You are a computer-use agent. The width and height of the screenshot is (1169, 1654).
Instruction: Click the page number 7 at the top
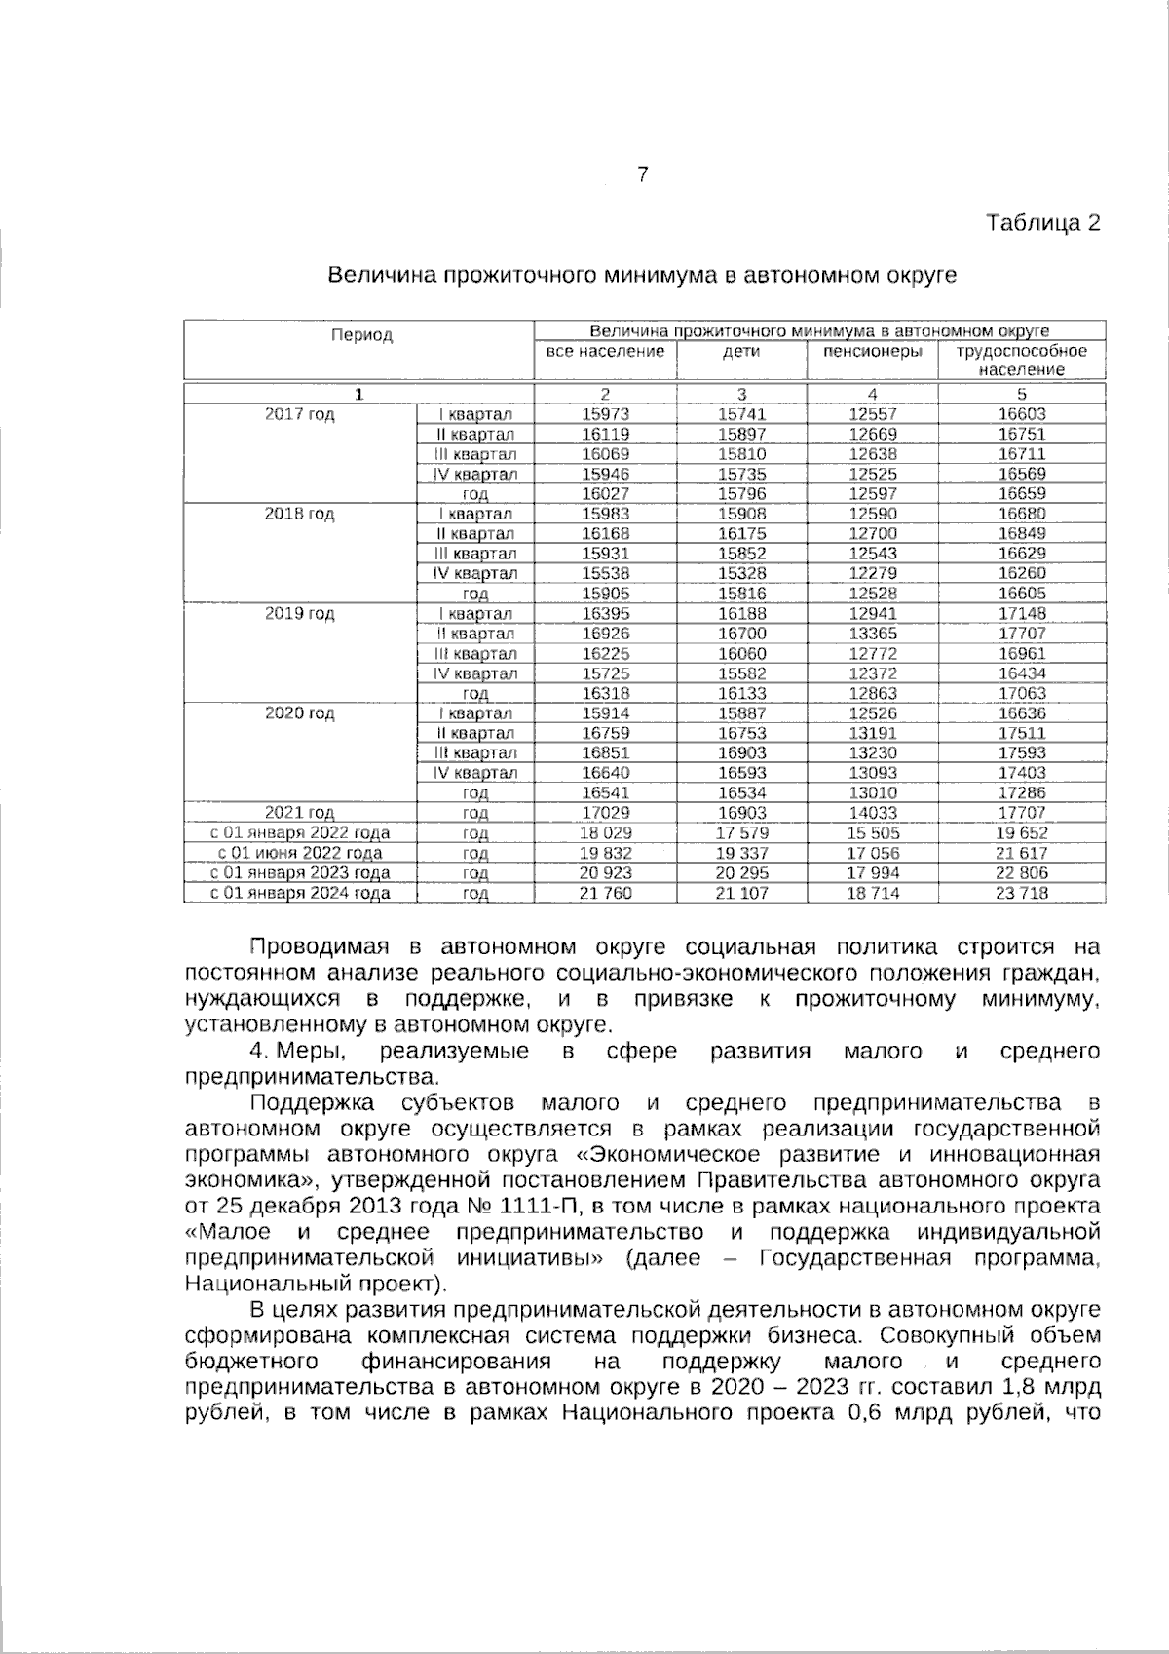coord(642,175)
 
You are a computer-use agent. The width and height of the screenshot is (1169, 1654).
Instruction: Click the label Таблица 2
coord(1043,223)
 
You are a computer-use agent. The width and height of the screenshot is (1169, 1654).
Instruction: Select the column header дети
coord(741,352)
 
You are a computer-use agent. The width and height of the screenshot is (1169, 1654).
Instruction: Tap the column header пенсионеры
coord(873,352)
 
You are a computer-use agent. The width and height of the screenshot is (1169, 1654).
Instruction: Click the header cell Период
coord(360,335)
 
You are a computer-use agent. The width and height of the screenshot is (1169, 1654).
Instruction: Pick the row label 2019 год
coord(299,614)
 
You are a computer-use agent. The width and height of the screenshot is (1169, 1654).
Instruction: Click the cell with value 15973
coord(605,414)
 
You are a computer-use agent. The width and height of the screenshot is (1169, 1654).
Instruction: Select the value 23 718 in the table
coord(1021,893)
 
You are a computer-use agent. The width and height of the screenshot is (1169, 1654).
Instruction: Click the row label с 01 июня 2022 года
coord(300,853)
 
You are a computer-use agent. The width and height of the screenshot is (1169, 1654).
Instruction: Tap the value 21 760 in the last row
coord(605,893)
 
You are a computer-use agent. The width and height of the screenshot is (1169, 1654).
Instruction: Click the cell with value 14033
coord(873,813)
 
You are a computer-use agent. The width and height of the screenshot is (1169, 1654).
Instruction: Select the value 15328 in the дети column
coord(741,574)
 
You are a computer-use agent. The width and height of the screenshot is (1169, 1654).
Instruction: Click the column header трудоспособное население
coord(1021,361)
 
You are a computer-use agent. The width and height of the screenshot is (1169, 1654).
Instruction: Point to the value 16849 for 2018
coord(1021,534)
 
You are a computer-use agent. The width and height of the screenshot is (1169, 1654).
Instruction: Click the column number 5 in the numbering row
coord(1021,394)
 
